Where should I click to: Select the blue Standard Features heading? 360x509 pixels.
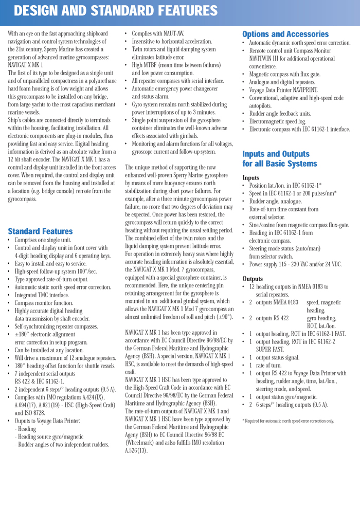[40, 231]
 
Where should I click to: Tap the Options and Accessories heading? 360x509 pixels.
[285, 34]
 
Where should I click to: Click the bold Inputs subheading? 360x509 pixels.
[251, 177]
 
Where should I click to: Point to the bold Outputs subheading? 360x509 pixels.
[253, 279]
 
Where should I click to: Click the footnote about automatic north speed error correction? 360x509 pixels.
[288, 421]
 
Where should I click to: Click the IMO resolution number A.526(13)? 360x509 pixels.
[136, 450]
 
